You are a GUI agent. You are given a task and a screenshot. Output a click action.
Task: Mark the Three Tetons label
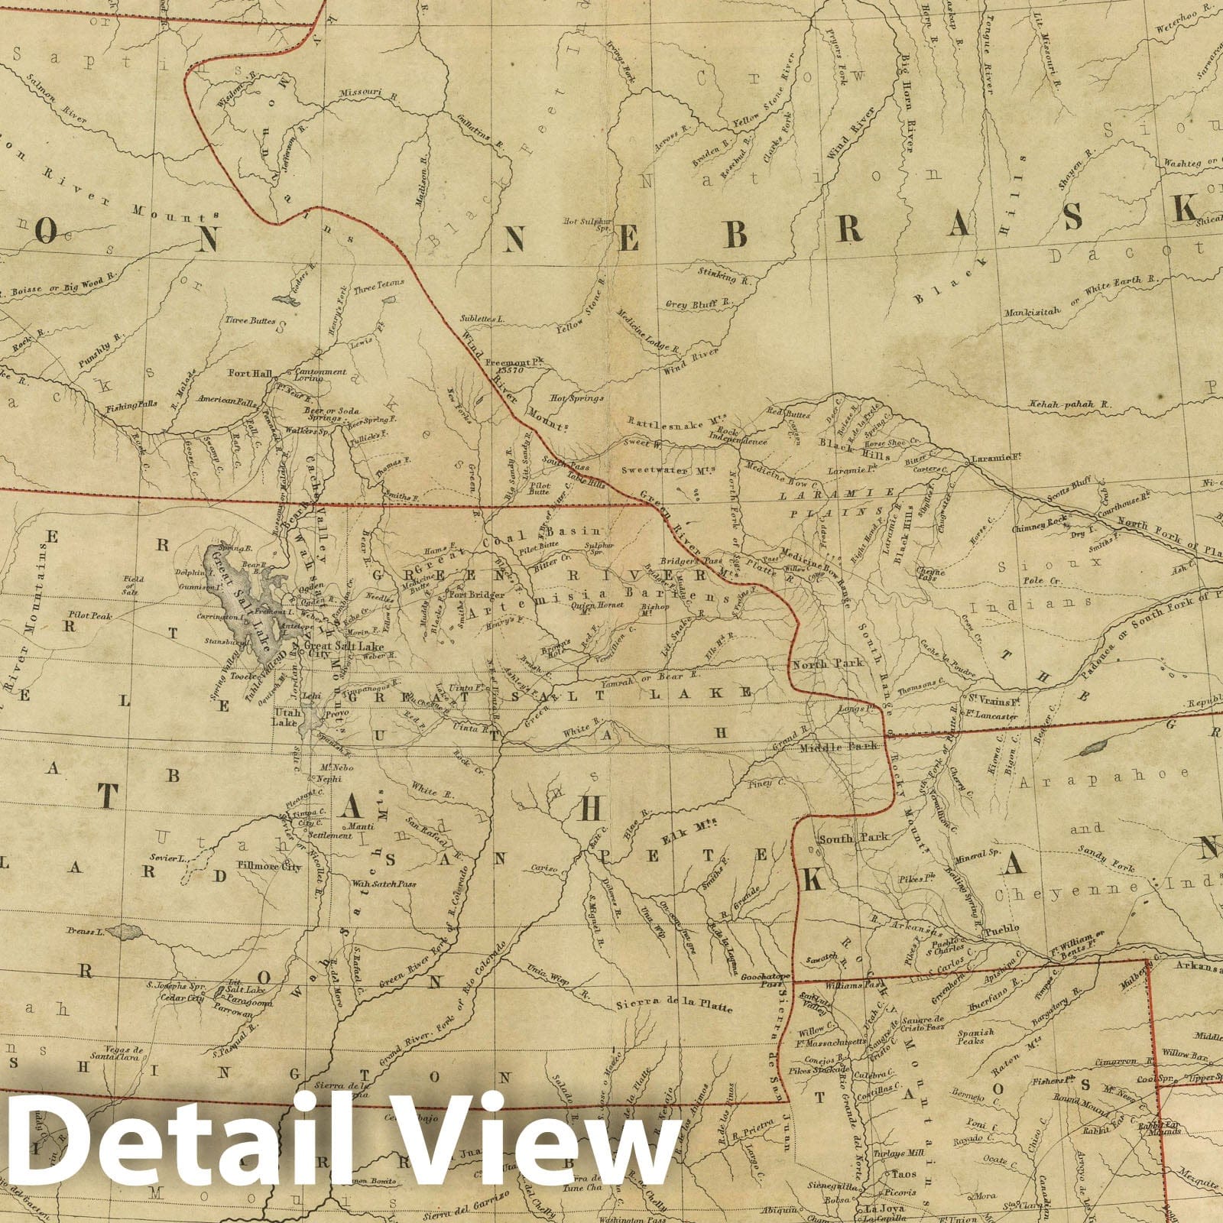click(378, 287)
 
